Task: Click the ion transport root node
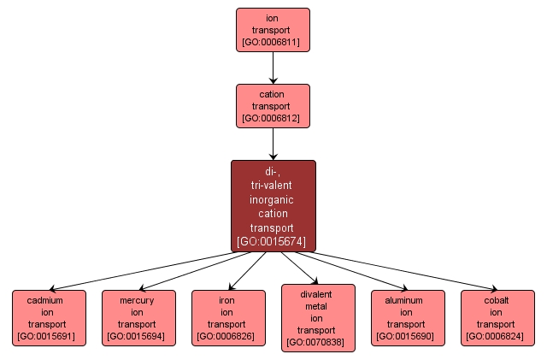click(x=273, y=30)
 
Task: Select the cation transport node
click(x=273, y=106)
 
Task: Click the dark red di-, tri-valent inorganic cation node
click(x=273, y=206)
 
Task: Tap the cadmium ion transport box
click(x=49, y=317)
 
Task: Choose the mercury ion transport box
click(x=138, y=317)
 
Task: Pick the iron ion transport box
click(x=228, y=317)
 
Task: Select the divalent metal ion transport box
click(x=318, y=318)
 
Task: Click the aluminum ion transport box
click(x=408, y=317)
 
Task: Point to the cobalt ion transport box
click(x=497, y=317)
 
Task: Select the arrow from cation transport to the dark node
click(x=273, y=144)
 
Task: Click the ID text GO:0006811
click(x=273, y=42)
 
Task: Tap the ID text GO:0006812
click(x=273, y=118)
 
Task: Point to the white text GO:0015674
click(x=273, y=241)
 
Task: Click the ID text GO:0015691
click(x=49, y=336)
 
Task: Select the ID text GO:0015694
click(x=138, y=336)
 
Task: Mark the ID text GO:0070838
click(x=318, y=342)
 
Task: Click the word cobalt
click(x=497, y=300)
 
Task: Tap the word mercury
click(x=138, y=300)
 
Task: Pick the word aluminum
click(x=408, y=300)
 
